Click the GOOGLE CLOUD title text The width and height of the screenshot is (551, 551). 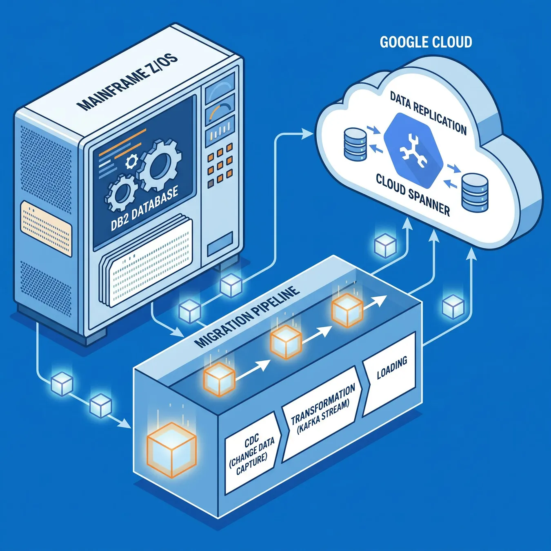click(x=426, y=42)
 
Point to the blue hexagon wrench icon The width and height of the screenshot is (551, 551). click(x=413, y=151)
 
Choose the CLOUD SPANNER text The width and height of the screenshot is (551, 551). click(x=413, y=194)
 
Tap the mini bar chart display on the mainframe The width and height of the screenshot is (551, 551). click(x=220, y=132)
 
